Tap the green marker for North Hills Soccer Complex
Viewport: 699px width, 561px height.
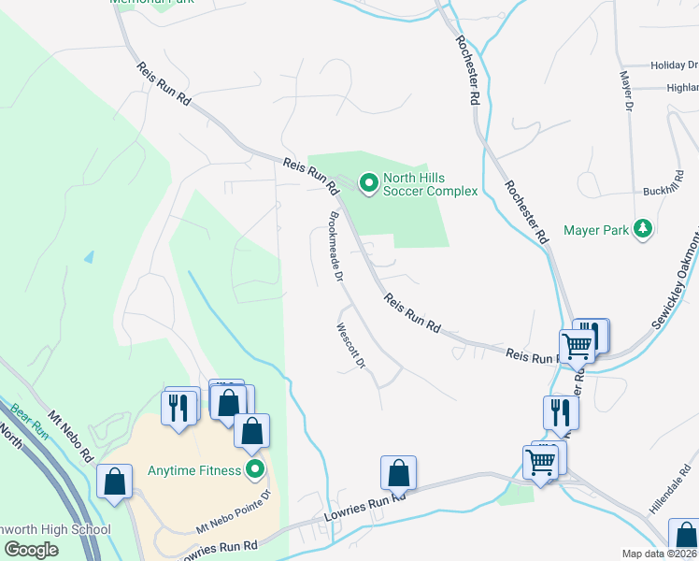click(368, 182)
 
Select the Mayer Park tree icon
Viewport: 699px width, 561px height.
click(642, 228)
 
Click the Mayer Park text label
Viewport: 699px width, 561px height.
click(595, 229)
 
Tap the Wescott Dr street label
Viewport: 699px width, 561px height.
click(349, 346)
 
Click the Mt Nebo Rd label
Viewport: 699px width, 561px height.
click(71, 435)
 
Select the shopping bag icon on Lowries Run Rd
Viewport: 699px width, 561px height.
click(399, 472)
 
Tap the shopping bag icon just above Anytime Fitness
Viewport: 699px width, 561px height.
click(251, 430)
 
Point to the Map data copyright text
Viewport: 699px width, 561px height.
click(660, 554)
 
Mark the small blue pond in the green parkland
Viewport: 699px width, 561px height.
click(89, 256)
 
